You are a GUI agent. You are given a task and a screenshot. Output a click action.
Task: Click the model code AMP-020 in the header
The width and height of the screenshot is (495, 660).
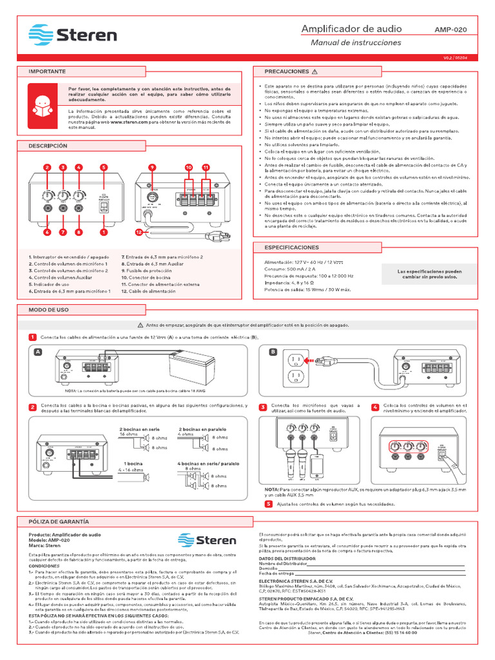(x=451, y=30)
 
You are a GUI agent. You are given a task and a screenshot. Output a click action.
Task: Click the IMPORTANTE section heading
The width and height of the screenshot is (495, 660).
(x=46, y=71)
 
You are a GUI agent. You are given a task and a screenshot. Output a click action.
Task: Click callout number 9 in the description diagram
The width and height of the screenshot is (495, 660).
(x=152, y=168)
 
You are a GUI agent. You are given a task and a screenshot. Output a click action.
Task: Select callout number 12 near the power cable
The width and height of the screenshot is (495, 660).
(x=139, y=231)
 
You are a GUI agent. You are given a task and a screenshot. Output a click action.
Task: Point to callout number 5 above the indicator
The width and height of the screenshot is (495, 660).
(x=103, y=168)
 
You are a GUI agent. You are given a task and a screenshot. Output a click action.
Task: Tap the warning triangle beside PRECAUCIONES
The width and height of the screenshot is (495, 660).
(x=315, y=71)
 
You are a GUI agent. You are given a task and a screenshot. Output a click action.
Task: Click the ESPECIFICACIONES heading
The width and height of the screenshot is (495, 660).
(x=292, y=247)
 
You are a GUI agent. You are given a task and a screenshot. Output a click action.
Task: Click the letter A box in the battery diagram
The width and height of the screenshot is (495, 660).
(x=38, y=352)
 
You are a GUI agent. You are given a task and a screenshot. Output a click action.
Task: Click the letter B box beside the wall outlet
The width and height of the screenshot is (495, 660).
(x=273, y=352)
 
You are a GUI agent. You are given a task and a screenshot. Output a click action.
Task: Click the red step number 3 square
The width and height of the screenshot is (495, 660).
(x=263, y=407)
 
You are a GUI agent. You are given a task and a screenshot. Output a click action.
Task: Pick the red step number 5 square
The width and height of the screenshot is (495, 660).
(x=268, y=503)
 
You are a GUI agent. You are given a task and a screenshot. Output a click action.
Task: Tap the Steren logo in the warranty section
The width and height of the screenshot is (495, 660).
(x=208, y=540)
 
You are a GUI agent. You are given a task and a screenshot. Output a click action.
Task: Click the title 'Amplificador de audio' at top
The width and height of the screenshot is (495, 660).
(x=352, y=29)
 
